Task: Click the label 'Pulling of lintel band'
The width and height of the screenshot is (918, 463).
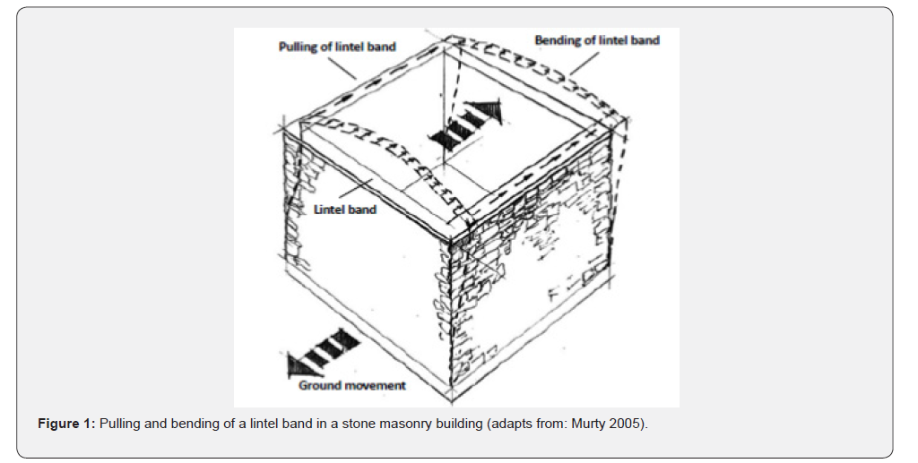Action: (337, 47)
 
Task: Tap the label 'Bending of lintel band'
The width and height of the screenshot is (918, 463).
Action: (597, 40)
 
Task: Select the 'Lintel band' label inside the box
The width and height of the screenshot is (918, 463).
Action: (345, 210)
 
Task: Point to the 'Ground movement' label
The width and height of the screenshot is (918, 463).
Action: (351, 385)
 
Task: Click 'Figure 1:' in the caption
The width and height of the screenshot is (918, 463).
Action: (66, 424)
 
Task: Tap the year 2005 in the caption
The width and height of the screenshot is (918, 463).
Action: (631, 424)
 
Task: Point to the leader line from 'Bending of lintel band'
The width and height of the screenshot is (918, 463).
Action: (585, 64)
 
